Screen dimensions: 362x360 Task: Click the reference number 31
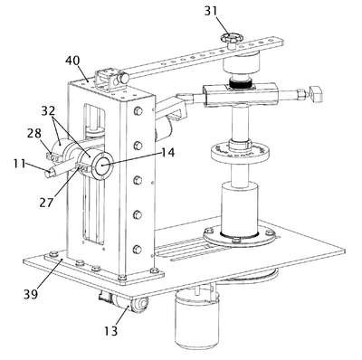coord(211,11)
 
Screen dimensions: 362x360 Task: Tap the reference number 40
coord(72,61)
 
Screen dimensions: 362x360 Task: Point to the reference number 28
coord(34,133)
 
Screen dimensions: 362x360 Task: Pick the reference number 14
coord(167,152)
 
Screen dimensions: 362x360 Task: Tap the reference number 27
coord(46,203)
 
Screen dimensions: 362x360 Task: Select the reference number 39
coord(31,293)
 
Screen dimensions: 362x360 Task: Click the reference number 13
coord(110,331)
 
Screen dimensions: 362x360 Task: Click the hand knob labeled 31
coord(231,39)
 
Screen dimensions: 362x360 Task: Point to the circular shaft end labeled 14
coord(103,165)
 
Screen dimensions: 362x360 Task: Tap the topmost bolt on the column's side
coord(138,110)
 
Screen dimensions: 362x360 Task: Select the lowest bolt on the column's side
coord(138,250)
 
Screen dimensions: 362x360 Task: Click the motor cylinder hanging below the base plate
coord(196,318)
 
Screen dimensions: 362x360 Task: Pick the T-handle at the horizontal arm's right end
coord(316,93)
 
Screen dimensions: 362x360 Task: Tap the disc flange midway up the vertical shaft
coord(240,152)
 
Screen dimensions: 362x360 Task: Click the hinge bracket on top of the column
coord(107,80)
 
